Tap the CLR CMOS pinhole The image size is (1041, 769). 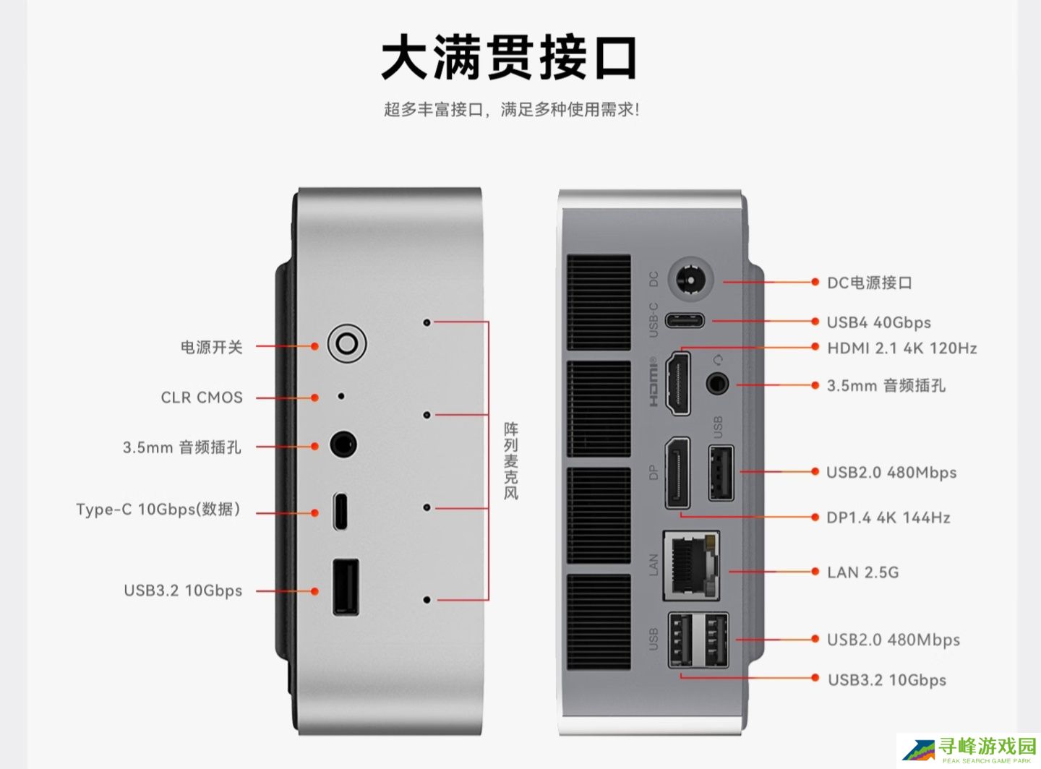click(341, 396)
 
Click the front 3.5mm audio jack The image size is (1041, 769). click(343, 444)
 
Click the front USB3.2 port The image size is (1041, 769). click(346, 586)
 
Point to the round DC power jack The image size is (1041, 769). click(690, 280)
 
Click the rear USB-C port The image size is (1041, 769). click(684, 320)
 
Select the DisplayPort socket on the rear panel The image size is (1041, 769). click(677, 473)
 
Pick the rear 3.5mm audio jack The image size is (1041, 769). click(717, 383)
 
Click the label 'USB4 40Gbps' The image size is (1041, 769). click(878, 322)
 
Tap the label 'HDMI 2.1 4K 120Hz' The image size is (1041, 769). click(901, 348)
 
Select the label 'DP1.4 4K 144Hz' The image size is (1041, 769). click(888, 517)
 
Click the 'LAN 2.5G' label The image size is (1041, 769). click(862, 572)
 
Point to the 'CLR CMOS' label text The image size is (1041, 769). click(202, 398)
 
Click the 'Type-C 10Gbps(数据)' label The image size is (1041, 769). click(158, 510)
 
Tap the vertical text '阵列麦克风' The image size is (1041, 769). click(511, 461)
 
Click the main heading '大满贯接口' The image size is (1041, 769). click(510, 58)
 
